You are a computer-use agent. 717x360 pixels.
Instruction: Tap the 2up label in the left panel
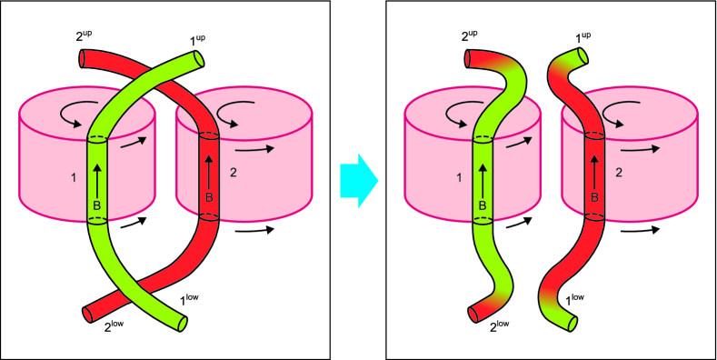84,37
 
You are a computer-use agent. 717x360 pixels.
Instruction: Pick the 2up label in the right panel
469,37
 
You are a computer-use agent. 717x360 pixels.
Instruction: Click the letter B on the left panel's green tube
97,205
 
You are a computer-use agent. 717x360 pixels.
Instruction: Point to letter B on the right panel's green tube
483,205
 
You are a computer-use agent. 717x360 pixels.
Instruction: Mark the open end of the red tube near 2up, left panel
81,59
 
